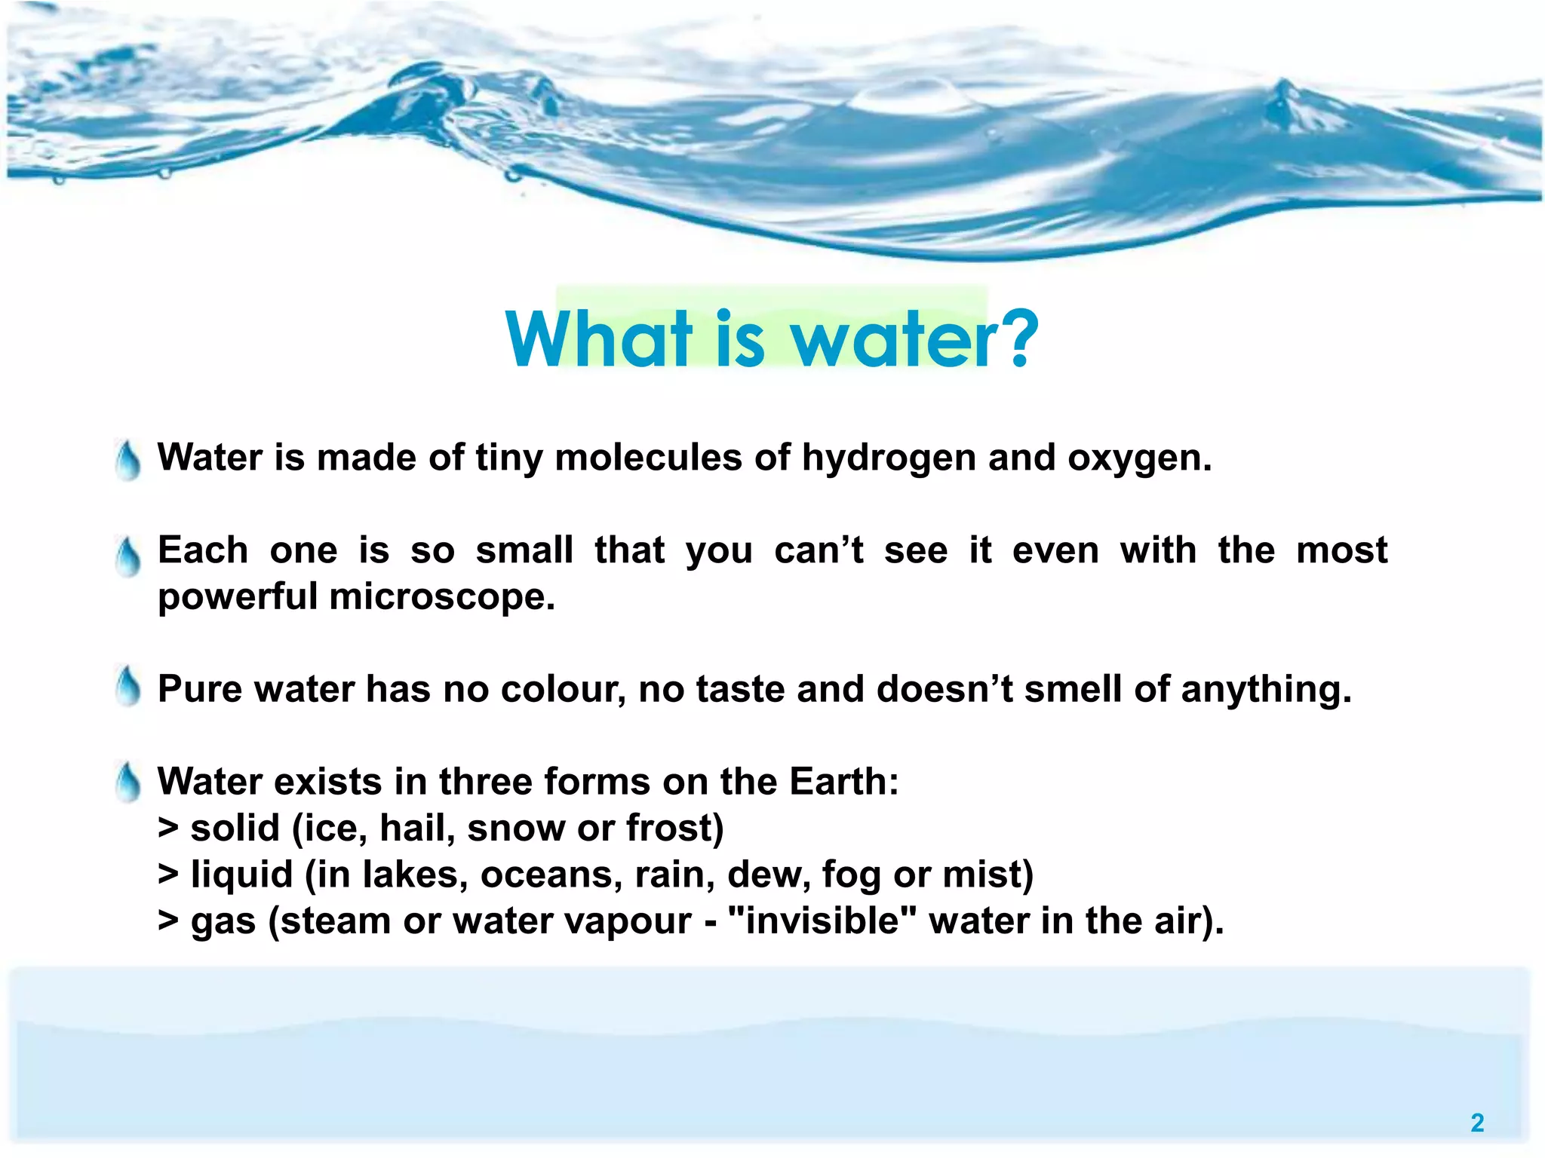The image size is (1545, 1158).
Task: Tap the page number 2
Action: tap(1477, 1123)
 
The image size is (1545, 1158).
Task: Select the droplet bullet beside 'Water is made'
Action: tap(129, 461)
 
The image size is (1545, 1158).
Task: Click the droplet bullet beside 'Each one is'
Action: tap(129, 556)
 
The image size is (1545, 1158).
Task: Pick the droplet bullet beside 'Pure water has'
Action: tap(129, 687)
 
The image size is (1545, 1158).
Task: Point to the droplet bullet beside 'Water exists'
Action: tap(129, 782)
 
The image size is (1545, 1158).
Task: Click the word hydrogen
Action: tap(888, 458)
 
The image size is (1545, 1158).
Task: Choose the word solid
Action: tap(235, 829)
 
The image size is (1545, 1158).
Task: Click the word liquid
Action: tap(241, 875)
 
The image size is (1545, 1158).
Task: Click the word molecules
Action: tap(648, 458)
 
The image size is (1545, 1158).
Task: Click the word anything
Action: tap(1265, 690)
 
